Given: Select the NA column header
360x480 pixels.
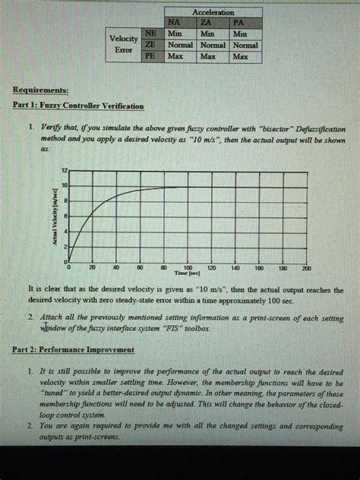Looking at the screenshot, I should pos(174,23).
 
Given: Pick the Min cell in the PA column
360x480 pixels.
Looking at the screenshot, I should pos(242,34).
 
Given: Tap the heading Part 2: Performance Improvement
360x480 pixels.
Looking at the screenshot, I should pos(73,349).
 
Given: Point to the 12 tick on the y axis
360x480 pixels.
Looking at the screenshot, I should pos(65,169).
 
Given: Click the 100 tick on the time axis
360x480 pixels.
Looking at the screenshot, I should pos(188,268).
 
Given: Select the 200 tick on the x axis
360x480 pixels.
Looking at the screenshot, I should pos(306,268).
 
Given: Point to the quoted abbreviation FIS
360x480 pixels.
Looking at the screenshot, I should pos(172,330).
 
